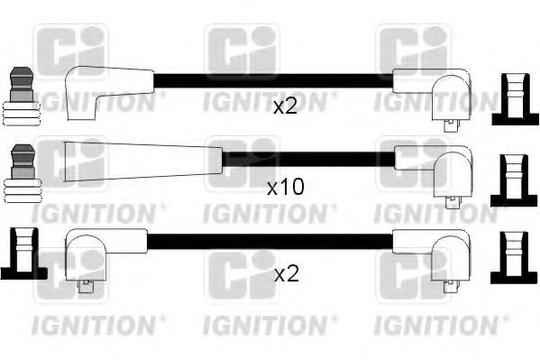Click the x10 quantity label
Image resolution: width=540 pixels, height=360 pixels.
click(x=287, y=188)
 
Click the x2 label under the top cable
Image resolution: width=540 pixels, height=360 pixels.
click(x=285, y=107)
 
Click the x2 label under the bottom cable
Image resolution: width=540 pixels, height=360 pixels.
click(x=285, y=274)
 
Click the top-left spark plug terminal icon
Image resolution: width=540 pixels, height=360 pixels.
click(x=21, y=96)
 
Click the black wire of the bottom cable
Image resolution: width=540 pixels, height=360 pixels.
click(x=270, y=241)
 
